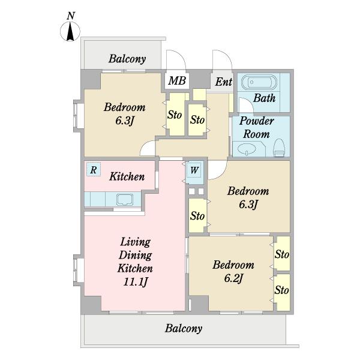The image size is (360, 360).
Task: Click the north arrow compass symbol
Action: click(70, 31)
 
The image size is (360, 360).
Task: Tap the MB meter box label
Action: click(177, 80)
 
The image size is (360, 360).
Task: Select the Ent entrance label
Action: click(224, 82)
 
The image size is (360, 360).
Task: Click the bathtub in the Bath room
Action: click(260, 82)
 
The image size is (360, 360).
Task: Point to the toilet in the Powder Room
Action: click(279, 148)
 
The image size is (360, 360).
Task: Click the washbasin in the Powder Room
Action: click(247, 149)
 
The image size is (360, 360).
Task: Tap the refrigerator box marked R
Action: click(94, 169)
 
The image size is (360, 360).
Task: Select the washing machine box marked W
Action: click(194, 170)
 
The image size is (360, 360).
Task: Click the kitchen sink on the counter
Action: click(125, 200)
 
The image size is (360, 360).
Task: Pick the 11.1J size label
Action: click(135, 282)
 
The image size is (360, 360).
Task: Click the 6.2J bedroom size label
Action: click(233, 278)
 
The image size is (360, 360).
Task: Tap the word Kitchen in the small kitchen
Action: click(127, 176)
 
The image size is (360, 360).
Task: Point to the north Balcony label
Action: click(127, 59)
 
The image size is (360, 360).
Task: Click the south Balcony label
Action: click(184, 328)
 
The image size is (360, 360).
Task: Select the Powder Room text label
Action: click(256, 128)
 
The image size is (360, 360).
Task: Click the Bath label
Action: click(264, 98)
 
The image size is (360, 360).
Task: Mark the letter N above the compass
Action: click(71, 16)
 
